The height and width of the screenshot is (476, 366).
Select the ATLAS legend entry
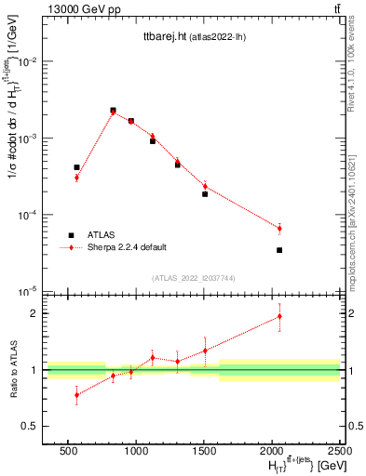103,234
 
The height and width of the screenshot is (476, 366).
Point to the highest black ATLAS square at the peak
113,110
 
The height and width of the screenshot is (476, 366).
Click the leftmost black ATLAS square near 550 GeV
76,167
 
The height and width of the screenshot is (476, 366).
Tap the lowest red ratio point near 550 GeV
76,394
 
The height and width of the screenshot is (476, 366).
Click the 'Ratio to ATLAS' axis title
13,370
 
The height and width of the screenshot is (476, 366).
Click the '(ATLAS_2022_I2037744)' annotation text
194,277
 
